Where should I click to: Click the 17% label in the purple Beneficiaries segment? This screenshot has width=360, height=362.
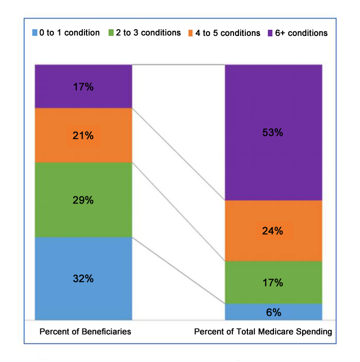(82, 87)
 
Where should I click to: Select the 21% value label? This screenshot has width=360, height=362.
(82, 136)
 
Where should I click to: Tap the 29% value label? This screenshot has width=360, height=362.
(82, 200)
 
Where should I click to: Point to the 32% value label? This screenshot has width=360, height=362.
(82, 279)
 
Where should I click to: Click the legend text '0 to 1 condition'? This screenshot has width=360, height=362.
(70, 33)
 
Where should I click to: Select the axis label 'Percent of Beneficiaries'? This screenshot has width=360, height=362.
(86, 332)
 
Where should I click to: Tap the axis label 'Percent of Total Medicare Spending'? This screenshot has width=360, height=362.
(263, 332)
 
